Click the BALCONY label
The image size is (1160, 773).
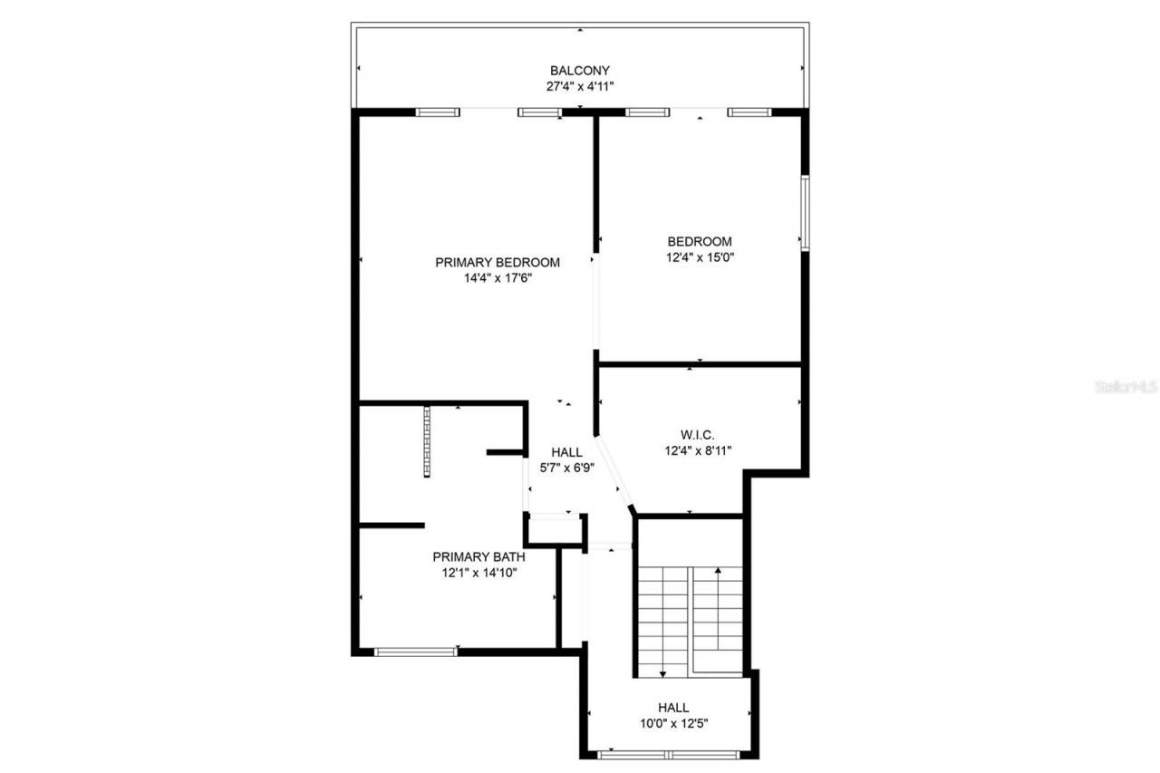click(580, 71)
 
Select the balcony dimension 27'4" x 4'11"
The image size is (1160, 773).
click(580, 87)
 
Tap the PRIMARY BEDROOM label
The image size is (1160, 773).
click(498, 263)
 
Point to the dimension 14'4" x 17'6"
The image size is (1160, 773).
click(498, 278)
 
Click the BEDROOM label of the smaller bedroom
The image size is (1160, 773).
click(700, 241)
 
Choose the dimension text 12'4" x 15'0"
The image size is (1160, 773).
click(700, 257)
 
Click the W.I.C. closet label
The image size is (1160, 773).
click(698, 434)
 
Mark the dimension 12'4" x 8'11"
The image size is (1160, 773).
click(698, 449)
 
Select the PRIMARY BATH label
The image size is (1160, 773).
click(478, 556)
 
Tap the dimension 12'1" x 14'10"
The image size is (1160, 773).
click(478, 573)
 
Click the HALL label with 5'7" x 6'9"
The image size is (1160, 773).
click(567, 451)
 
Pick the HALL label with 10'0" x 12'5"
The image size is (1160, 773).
click(673, 708)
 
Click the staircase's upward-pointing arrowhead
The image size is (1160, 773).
click(719, 571)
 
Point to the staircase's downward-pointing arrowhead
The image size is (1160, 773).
click(662, 673)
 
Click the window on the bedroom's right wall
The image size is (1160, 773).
click(803, 213)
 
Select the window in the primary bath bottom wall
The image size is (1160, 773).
click(416, 651)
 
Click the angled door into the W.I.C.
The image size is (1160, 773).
click(615, 473)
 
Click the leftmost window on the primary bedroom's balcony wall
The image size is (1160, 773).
click(438, 112)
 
